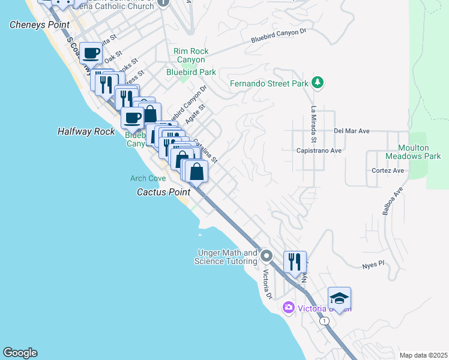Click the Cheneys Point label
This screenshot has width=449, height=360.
40,25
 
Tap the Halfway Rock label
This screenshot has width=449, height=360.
86,131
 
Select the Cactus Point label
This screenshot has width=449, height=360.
163,193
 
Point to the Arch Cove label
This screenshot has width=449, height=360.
148,178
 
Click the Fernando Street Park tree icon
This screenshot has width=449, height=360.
318,83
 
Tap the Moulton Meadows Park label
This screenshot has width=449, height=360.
419,152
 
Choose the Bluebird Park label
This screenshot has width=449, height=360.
191,73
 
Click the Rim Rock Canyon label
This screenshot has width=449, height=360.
191,56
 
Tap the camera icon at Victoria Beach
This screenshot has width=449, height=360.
289,308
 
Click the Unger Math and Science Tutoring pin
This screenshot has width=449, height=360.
266,256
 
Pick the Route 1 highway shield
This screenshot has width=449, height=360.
325,321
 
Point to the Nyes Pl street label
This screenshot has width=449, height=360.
373,265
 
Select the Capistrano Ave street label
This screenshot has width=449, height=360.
319,151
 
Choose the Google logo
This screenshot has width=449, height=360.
20,353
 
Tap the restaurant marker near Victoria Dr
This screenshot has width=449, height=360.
295,262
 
